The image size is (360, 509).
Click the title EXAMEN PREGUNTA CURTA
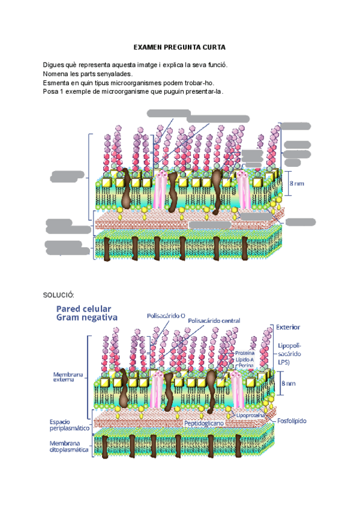179,47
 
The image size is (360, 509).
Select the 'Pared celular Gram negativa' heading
87,313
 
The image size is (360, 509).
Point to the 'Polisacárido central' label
214,321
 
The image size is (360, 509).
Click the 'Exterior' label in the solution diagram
288,327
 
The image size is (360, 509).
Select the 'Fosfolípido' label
292,421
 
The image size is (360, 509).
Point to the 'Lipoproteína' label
253,414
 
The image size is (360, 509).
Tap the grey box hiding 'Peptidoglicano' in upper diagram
209,224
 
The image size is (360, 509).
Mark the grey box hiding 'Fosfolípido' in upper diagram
300,222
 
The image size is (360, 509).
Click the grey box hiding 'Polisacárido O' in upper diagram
169,112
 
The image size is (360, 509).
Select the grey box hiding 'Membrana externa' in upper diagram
67,176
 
